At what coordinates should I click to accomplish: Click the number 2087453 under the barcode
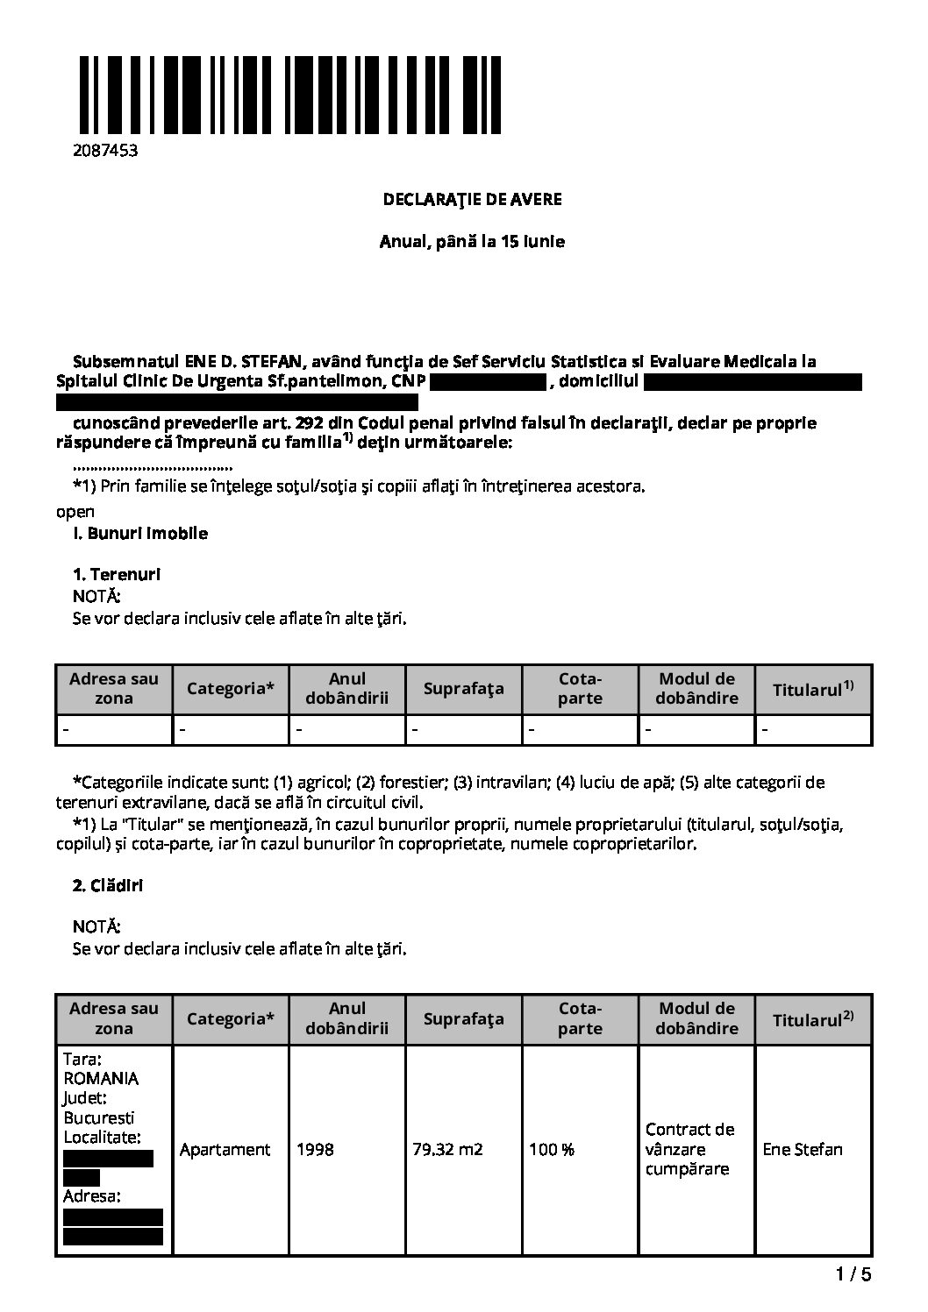point(105,150)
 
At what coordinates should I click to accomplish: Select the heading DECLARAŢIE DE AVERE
point(472,199)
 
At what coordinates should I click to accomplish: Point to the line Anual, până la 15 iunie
point(472,241)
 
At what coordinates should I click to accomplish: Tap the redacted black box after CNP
point(489,382)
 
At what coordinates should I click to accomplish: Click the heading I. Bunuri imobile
point(140,533)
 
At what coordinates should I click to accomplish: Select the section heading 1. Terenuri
point(117,575)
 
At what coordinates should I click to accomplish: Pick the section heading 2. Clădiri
point(107,885)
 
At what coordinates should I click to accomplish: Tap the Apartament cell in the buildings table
point(225,1149)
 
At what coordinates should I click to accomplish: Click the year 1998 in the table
point(315,1149)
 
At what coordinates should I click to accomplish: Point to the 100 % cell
point(551,1149)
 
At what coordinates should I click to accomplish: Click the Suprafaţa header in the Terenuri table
point(463,689)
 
